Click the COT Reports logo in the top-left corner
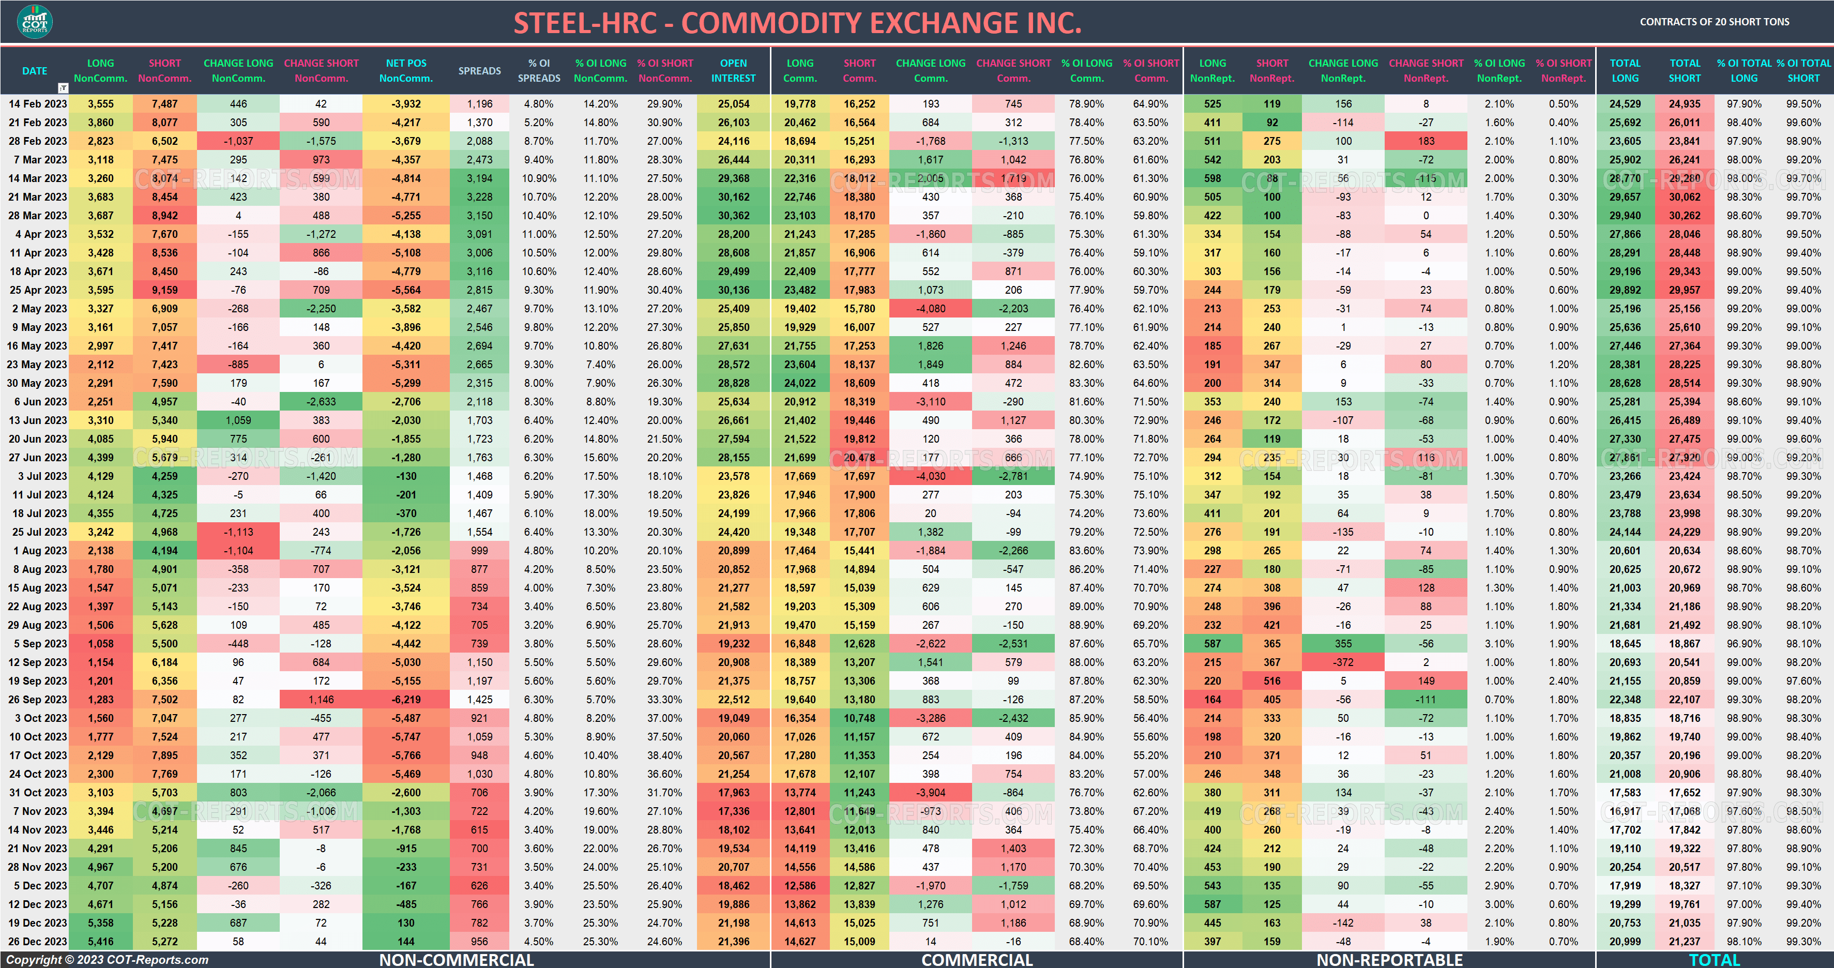click(34, 22)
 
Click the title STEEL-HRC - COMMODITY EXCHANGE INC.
click(797, 23)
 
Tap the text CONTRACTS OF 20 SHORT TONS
click(1715, 22)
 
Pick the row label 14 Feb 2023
click(38, 104)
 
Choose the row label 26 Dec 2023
click(38, 942)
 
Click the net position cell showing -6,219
click(406, 700)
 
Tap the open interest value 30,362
click(733, 216)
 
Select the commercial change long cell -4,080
click(931, 309)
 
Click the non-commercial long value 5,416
click(100, 942)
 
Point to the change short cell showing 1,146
click(321, 700)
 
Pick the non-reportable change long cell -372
click(1343, 662)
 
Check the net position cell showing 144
click(406, 942)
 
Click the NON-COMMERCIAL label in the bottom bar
click(457, 959)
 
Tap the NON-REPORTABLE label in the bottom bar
click(1389, 959)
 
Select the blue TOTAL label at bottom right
click(1715, 959)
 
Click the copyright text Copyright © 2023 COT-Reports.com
click(108, 959)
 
